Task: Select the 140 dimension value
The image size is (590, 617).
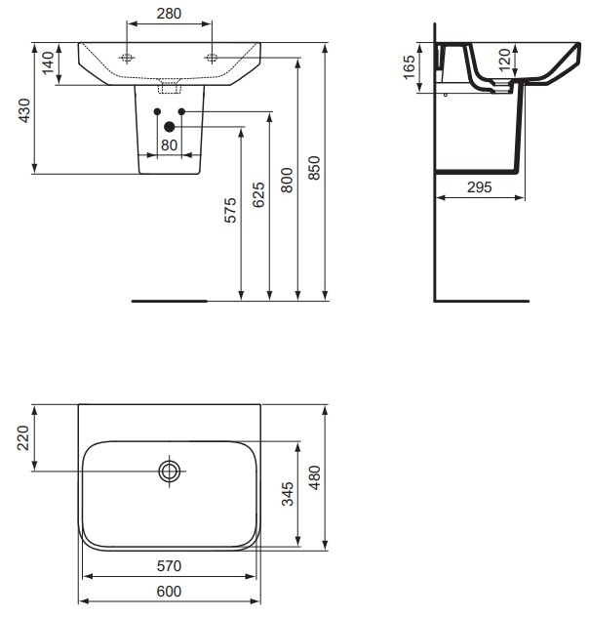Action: (47, 65)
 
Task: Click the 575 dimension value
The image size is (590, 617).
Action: (230, 212)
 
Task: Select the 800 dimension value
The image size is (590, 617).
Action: (287, 179)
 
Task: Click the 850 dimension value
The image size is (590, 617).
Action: (314, 168)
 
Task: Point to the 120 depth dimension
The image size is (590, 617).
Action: (504, 61)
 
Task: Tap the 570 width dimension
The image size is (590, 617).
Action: (170, 565)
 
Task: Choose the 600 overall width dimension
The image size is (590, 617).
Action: (170, 592)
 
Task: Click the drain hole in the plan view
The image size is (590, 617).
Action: (170, 472)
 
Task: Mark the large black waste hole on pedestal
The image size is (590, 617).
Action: (169, 125)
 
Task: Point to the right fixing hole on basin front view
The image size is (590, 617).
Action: (211, 58)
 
